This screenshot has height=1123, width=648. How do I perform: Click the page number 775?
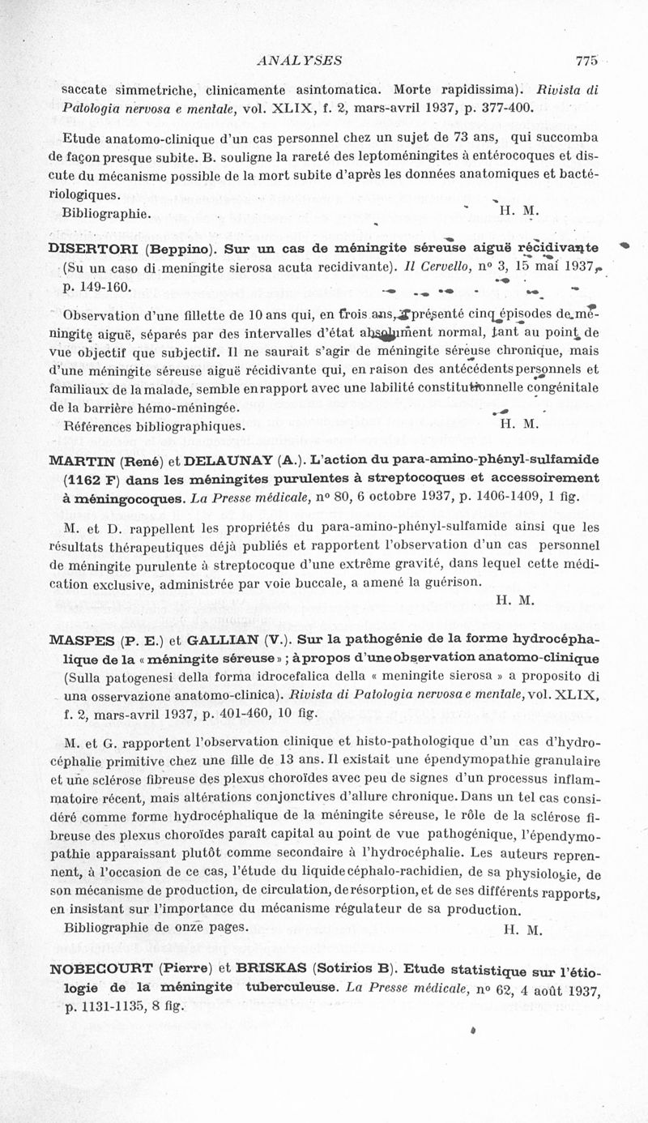coord(586,60)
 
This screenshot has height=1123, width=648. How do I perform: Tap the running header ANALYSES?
coord(298,60)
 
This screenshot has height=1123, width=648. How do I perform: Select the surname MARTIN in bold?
coord(81,460)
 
